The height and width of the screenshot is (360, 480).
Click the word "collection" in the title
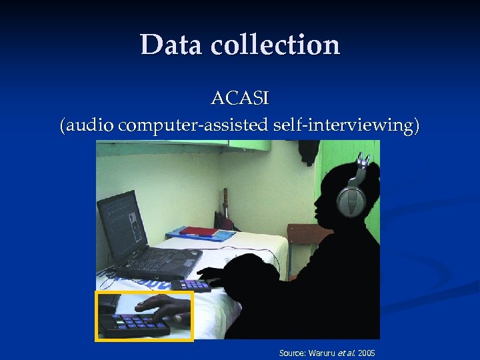pyautogui.click(x=275, y=45)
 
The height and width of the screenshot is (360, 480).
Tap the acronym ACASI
pyautogui.click(x=239, y=99)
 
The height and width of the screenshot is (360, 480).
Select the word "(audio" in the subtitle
pyautogui.click(x=85, y=125)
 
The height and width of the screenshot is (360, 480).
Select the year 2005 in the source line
pyautogui.click(x=366, y=352)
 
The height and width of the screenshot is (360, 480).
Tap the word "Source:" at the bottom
pyautogui.click(x=292, y=352)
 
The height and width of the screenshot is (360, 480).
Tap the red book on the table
pyautogui.click(x=200, y=232)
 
